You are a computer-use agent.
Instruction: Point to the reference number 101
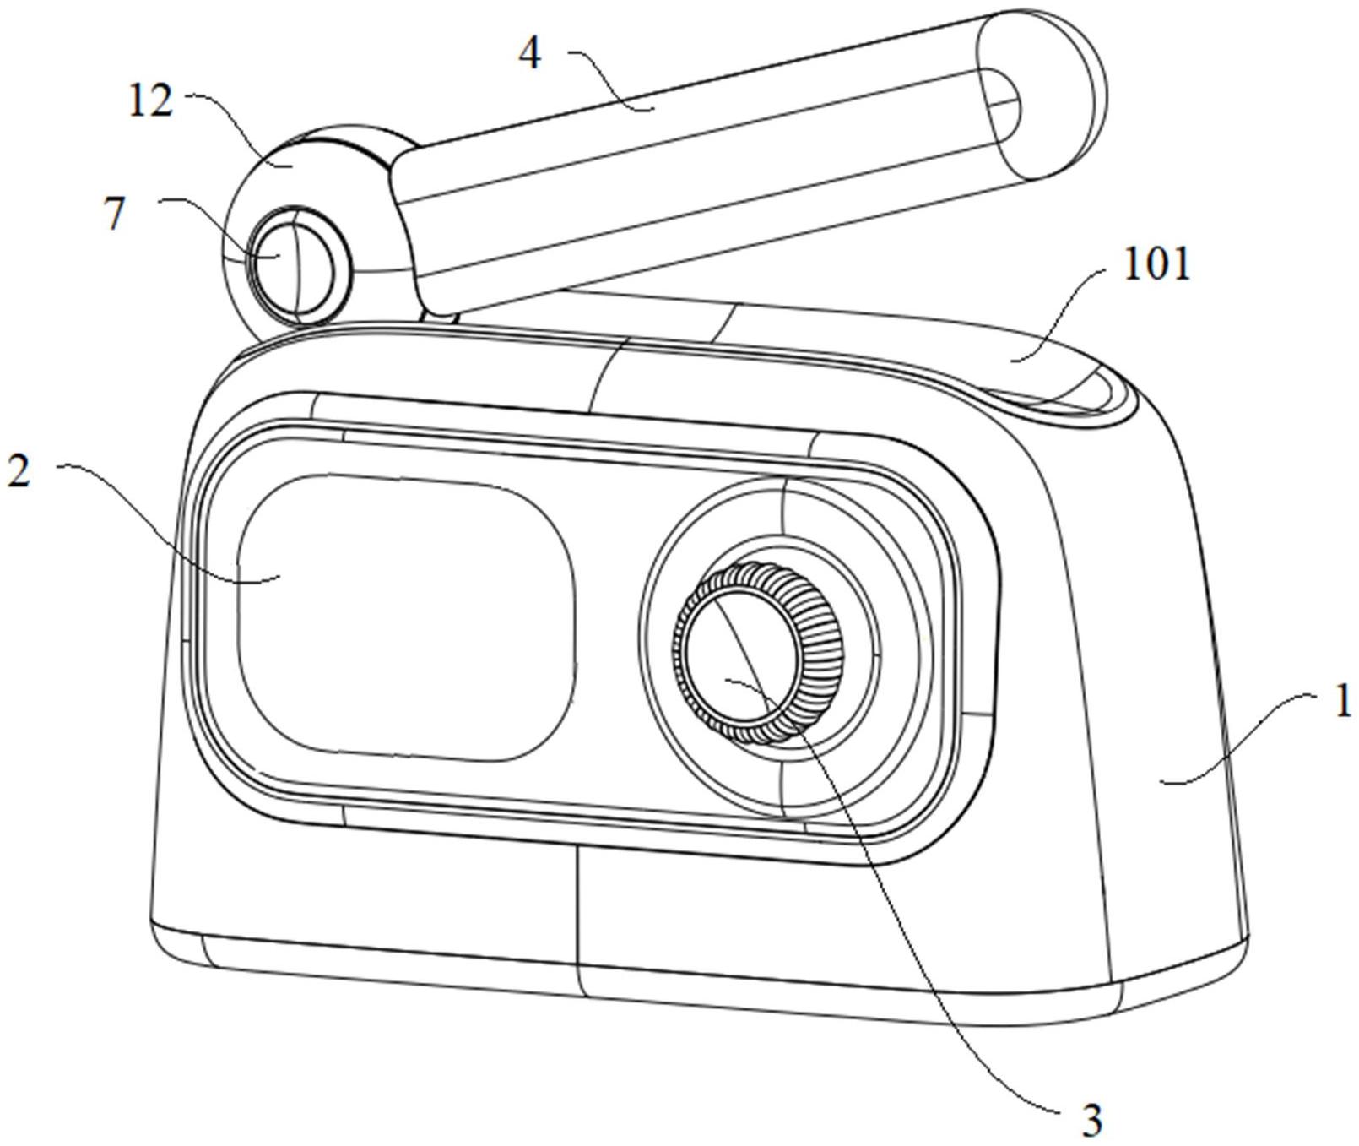click(x=1156, y=265)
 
